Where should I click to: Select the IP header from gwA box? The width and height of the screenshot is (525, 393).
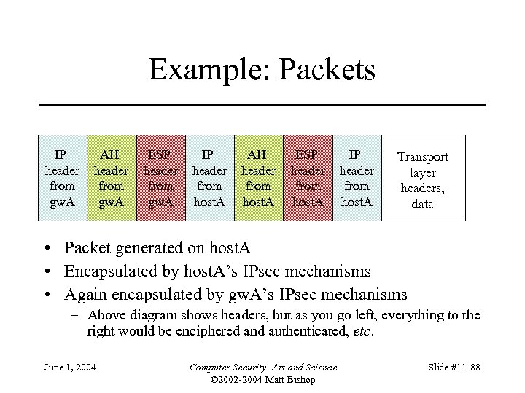click(x=62, y=178)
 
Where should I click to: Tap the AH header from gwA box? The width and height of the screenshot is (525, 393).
click(x=111, y=178)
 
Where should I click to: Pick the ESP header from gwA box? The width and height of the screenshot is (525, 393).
click(x=160, y=178)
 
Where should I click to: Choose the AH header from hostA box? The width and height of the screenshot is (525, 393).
click(x=258, y=178)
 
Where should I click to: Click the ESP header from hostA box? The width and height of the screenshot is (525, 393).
click(x=308, y=178)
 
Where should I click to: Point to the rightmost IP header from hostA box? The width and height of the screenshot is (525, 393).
click(x=357, y=178)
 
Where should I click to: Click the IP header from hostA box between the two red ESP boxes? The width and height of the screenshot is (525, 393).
click(x=209, y=178)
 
